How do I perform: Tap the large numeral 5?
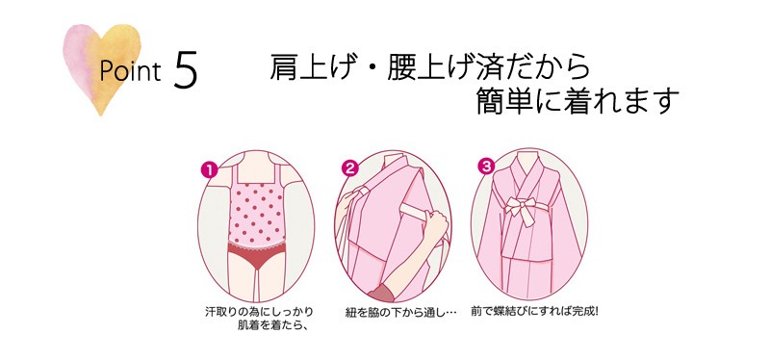186,72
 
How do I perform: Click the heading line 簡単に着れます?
577,101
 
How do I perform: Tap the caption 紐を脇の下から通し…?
398,313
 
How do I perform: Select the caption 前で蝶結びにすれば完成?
534,312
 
